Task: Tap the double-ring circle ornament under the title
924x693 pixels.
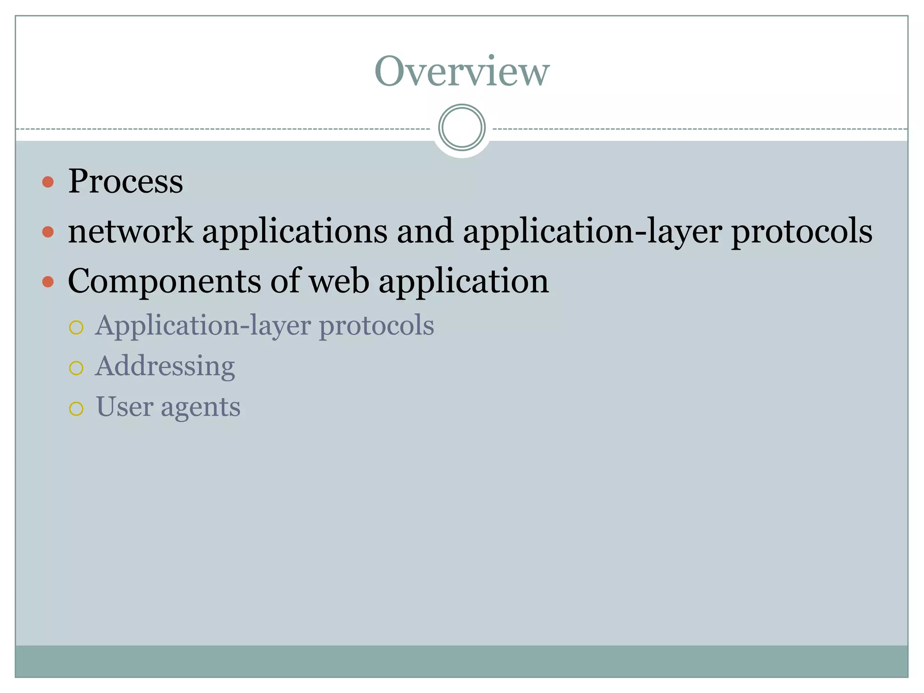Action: click(462, 127)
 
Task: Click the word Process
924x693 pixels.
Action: click(125, 181)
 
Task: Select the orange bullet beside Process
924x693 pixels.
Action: click(48, 182)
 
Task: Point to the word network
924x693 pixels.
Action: click(130, 231)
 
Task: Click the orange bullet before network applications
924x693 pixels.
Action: click(48, 232)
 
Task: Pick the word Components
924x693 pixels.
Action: click(164, 281)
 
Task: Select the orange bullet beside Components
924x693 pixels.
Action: click(48, 282)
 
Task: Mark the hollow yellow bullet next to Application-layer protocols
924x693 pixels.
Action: click(76, 327)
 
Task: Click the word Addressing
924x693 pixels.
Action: click(165, 366)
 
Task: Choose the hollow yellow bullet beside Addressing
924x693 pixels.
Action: click(76, 368)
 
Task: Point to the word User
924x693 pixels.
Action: click(125, 407)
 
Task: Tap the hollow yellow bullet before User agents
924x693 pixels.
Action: click(76, 409)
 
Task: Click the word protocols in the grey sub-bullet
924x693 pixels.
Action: click(376, 326)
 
